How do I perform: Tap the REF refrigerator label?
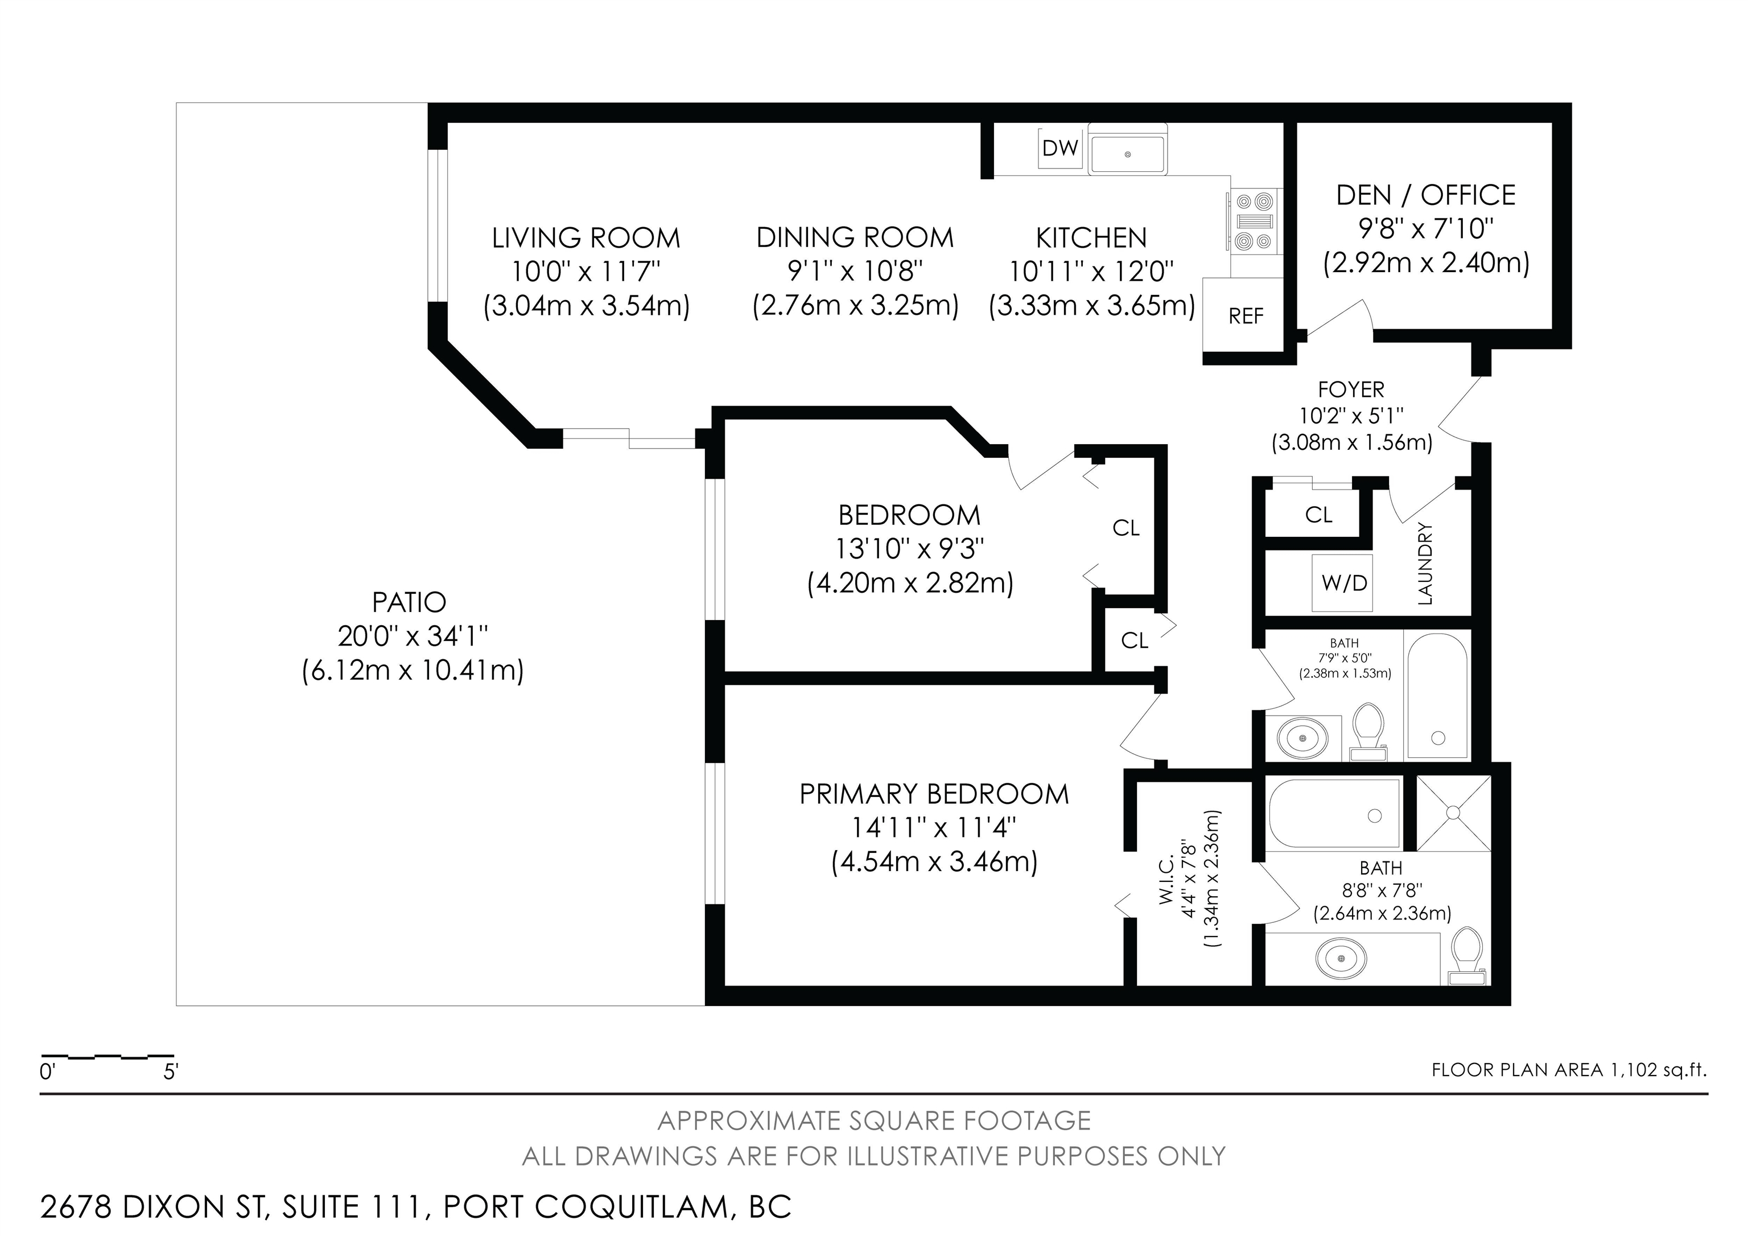[x=1246, y=316]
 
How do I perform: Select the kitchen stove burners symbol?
[x=1255, y=221]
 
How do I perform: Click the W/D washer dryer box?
[x=1345, y=584]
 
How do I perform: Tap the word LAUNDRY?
[x=1425, y=564]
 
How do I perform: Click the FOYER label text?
[x=1351, y=389]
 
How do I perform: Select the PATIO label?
[x=409, y=602]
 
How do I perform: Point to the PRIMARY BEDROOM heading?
[x=934, y=794]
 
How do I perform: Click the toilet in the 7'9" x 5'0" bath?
[x=1368, y=731]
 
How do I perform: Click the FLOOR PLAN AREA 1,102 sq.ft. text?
[x=1569, y=1069]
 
